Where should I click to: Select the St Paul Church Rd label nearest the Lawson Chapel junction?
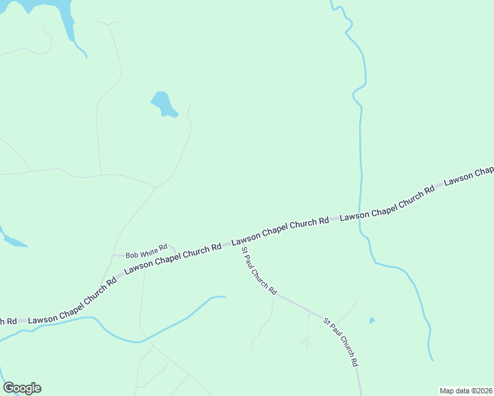click(259, 271)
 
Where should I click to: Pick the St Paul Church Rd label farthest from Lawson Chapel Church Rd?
click(341, 342)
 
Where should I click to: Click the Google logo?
click(22, 388)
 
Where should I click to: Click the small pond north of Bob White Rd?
click(162, 104)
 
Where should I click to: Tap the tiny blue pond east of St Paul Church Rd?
click(372, 321)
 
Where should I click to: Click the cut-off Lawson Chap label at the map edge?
click(469, 176)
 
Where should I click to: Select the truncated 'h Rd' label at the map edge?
click(8, 321)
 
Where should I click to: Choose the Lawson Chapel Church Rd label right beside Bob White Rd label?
click(173, 258)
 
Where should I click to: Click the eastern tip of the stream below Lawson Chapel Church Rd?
click(224, 297)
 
